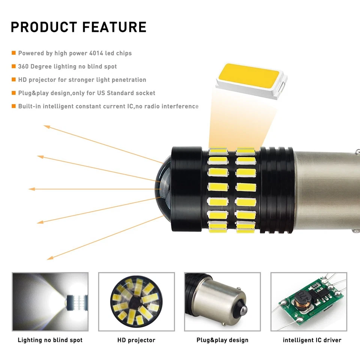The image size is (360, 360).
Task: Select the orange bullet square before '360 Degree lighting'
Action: coord(13,66)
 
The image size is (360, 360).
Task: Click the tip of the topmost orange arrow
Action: coord(45,126)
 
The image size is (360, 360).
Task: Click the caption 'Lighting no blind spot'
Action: coord(50,340)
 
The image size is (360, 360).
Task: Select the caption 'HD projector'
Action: coord(136,340)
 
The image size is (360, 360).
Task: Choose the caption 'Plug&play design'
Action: coord(222,340)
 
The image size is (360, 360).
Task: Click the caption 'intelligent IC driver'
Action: coord(312,340)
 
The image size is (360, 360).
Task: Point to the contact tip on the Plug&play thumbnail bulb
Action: coord(243,310)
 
